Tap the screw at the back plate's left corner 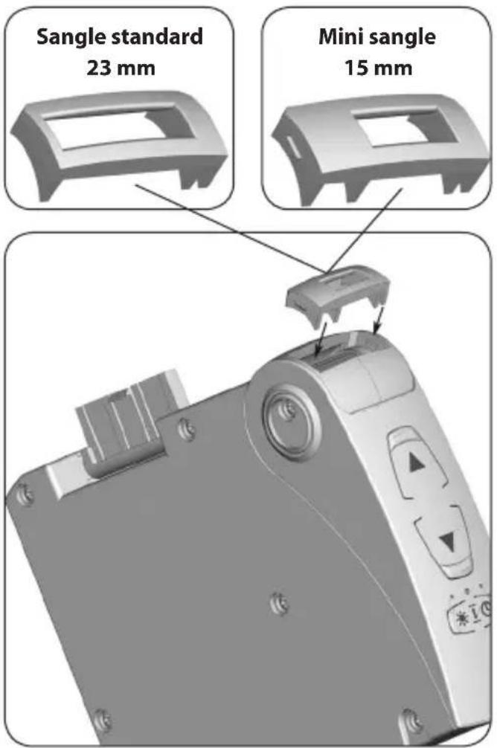click(27, 493)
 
